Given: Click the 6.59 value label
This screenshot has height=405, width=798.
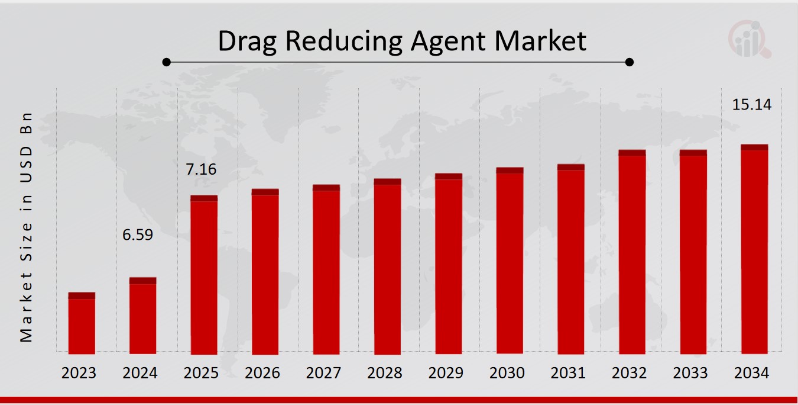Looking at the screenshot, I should pyautogui.click(x=138, y=235).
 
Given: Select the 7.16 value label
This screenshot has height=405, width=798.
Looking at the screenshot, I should pyautogui.click(x=201, y=170).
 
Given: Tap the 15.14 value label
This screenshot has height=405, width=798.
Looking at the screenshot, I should pyautogui.click(x=752, y=105).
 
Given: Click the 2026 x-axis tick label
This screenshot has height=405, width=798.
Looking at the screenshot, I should pyautogui.click(x=262, y=373).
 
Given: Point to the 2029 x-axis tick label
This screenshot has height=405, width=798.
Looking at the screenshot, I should pyautogui.click(x=446, y=373).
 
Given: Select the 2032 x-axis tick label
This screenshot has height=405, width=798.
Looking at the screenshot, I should pyautogui.click(x=629, y=373).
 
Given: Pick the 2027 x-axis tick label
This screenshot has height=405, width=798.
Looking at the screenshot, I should pyautogui.click(x=323, y=373).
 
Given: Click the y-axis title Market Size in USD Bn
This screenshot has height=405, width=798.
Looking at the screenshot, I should pyautogui.click(x=25, y=226).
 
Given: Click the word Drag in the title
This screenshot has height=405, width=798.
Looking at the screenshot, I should pyautogui.click(x=247, y=41).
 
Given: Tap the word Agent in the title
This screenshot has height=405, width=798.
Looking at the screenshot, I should pyautogui.click(x=444, y=41).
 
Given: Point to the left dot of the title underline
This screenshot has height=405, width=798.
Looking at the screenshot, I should pyautogui.click(x=167, y=62).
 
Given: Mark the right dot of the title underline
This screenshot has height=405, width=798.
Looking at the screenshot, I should pyautogui.click(x=630, y=62).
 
